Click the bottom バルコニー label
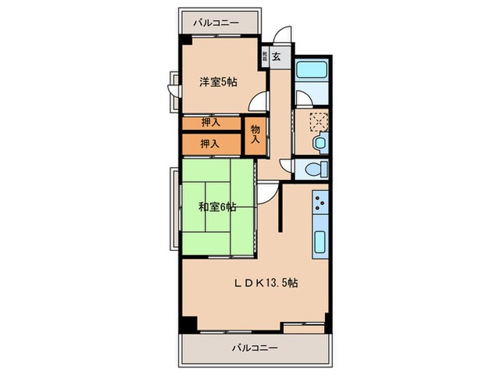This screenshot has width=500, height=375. (254, 349)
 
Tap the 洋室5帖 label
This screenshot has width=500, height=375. (219, 82)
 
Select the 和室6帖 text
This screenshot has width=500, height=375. (218, 208)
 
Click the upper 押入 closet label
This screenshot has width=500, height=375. (209, 123)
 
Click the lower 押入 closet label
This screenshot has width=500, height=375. (209, 144)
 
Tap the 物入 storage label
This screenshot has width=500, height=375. (255, 135)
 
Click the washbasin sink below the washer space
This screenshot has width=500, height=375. (320, 143)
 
